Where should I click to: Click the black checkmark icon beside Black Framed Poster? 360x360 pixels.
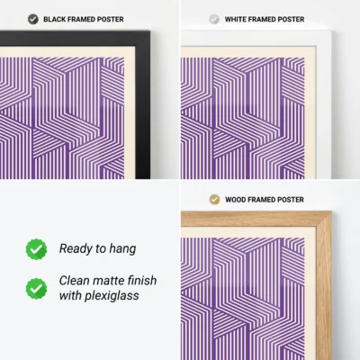33,19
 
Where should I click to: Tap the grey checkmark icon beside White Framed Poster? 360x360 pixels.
213,19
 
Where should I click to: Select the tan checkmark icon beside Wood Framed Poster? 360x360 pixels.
213,199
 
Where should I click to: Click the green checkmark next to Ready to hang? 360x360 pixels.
36,248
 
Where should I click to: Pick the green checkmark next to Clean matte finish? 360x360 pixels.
36,288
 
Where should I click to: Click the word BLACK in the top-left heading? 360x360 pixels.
56,19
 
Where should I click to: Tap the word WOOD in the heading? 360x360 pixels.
236,199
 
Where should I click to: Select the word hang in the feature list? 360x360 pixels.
125,248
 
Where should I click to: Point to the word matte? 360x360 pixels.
112,281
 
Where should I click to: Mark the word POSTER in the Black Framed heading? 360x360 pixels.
109,19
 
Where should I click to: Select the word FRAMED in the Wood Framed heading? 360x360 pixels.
265,199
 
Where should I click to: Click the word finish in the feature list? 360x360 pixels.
145,281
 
